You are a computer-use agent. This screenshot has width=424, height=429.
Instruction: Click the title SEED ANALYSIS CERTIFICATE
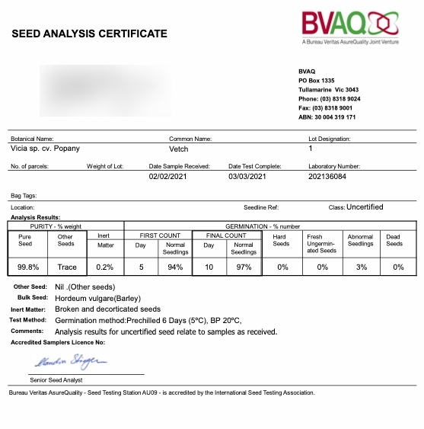pyautogui.click(x=88, y=34)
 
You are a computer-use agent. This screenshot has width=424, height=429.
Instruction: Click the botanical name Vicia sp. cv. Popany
pyautogui.click(x=45, y=149)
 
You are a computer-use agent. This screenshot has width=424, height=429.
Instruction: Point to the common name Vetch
pyautogui.click(x=178, y=149)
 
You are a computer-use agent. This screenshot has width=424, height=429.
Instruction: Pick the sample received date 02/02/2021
pyautogui.click(x=169, y=177)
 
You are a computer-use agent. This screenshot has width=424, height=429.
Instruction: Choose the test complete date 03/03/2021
pyautogui.click(x=247, y=177)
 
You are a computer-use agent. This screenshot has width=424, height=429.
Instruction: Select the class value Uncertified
pyautogui.click(x=365, y=206)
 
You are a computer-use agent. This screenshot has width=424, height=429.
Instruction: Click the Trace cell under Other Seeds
pyautogui.click(x=67, y=267)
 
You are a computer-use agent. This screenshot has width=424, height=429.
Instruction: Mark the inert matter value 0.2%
pyautogui.click(x=105, y=267)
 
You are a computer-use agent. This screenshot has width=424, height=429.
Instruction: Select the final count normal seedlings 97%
pyautogui.click(x=244, y=267)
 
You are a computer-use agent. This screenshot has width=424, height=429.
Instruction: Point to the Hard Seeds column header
pyautogui.click(x=281, y=240)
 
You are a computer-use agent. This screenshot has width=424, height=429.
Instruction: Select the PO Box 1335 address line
pyautogui.click(x=317, y=80)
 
